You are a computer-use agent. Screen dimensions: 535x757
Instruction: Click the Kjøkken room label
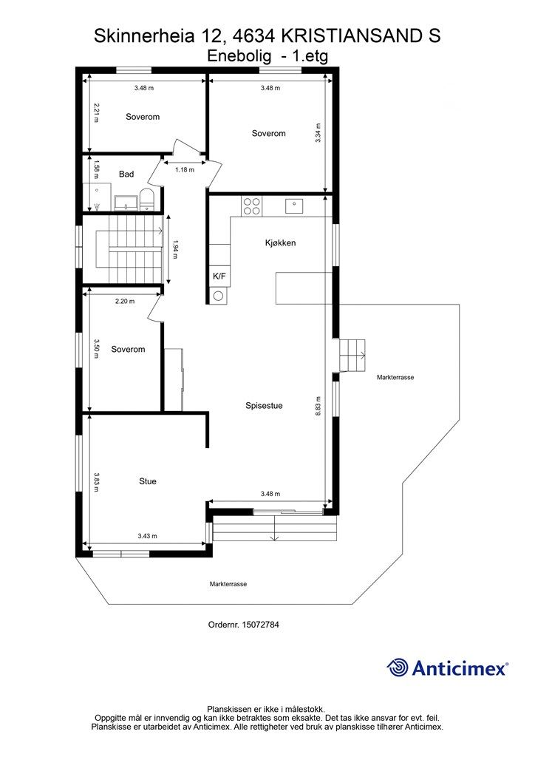[x=280, y=242]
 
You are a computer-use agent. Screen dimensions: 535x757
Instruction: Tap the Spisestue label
[x=264, y=406]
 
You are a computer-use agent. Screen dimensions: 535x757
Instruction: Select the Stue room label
[x=148, y=481]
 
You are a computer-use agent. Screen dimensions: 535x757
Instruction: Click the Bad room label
[x=126, y=174]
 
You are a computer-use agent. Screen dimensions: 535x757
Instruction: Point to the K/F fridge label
[x=219, y=276]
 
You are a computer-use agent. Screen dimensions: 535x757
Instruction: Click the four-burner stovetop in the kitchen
[x=251, y=207]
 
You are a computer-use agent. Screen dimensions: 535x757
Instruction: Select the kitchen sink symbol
[x=294, y=206]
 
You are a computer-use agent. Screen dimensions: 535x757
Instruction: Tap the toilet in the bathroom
[x=146, y=200]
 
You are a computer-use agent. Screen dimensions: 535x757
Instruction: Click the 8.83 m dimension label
[x=318, y=406]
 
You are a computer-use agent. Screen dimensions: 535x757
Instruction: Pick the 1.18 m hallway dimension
[x=185, y=169]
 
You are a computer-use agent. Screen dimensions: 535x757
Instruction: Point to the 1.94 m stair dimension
[x=174, y=250]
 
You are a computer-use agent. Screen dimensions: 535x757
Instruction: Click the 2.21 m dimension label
[x=97, y=112]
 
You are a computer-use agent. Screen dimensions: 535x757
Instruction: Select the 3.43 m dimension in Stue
[x=148, y=536]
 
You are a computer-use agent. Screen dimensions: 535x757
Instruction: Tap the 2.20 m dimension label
[x=125, y=302]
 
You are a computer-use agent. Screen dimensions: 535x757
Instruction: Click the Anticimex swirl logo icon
[x=398, y=668]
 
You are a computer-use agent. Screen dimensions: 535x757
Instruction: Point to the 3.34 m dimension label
[x=318, y=133]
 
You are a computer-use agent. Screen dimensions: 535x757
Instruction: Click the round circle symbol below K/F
[x=219, y=296]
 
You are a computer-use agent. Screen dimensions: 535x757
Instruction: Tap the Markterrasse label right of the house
[x=395, y=378]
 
